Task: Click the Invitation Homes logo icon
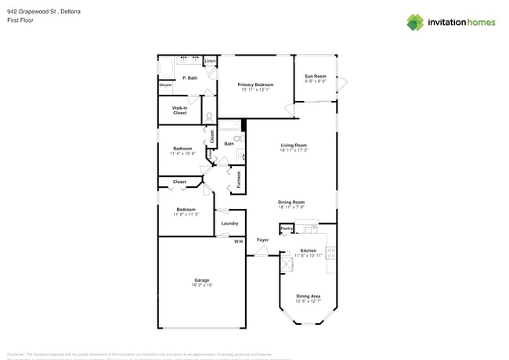pyautogui.click(x=415, y=23)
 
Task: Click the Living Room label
pyautogui.click(x=293, y=146)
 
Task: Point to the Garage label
pyautogui.click(x=202, y=279)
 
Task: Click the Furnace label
pyautogui.click(x=240, y=179)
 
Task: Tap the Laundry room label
pyautogui.click(x=229, y=223)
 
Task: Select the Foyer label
pyautogui.click(x=262, y=239)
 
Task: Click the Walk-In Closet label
pyautogui.click(x=179, y=111)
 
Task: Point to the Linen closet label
pyautogui.click(x=210, y=61)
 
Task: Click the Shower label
pyautogui.click(x=166, y=85)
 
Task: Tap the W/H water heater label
pyautogui.click(x=238, y=241)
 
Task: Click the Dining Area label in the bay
pyautogui.click(x=308, y=296)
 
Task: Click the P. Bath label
pyautogui.click(x=189, y=78)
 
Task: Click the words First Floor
pyautogui.click(x=21, y=21)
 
